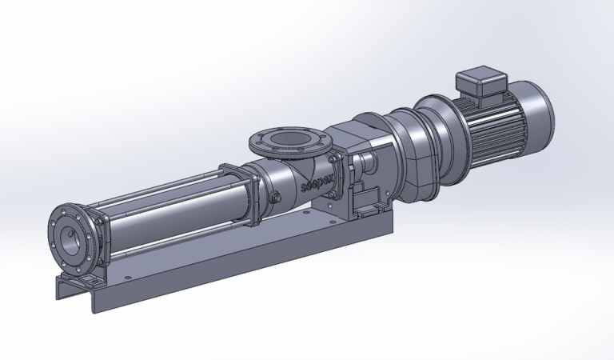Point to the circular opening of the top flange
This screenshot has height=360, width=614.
(x=287, y=137)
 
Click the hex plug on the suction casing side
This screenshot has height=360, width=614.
(x=274, y=198)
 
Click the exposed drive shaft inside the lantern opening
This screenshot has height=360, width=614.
(x=369, y=164)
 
